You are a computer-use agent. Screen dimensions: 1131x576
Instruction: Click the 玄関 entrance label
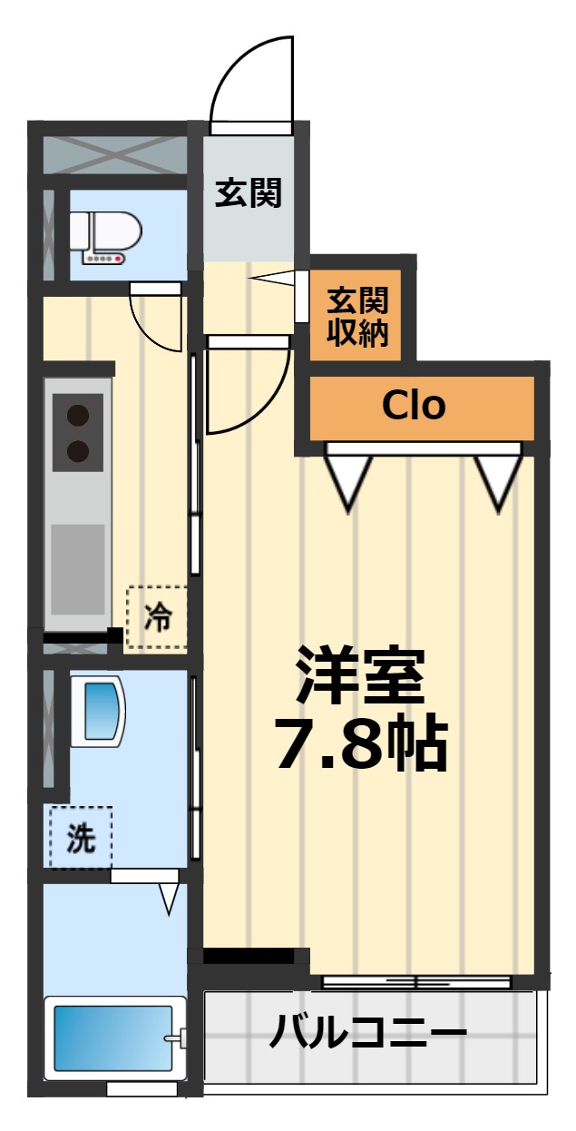tap(248, 192)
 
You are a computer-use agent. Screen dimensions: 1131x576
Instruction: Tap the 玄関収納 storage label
tap(357, 317)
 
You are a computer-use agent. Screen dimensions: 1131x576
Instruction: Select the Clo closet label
tap(414, 406)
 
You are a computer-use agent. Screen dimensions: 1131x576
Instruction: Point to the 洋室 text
tap(360, 677)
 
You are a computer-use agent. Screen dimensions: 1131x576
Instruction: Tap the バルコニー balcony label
tap(368, 1033)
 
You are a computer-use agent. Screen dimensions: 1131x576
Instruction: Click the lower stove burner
tap(79, 450)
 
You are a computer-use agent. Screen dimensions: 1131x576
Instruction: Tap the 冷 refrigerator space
tap(157, 618)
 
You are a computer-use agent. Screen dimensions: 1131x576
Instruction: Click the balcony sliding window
tap(416, 982)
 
